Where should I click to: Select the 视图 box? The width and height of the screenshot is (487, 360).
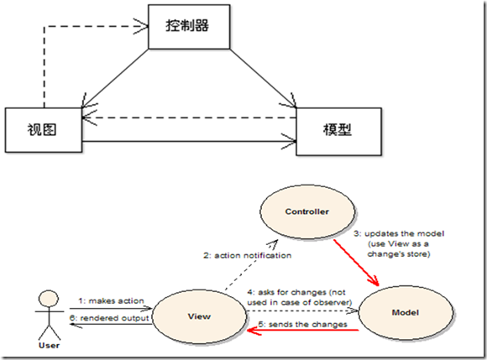pos(45,129)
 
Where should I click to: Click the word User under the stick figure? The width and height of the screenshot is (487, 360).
pos(50,344)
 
